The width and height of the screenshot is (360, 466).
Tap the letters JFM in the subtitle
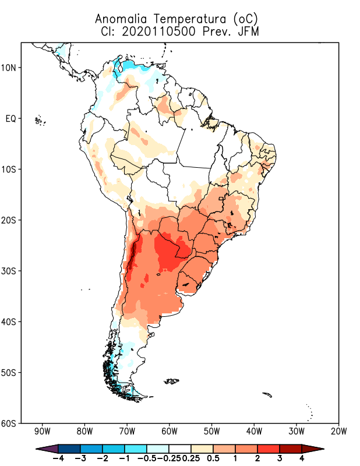[x=248, y=31]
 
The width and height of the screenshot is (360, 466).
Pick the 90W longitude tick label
[x=42, y=432]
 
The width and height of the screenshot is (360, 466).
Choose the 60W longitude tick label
[x=170, y=432]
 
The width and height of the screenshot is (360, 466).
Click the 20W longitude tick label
[x=338, y=432]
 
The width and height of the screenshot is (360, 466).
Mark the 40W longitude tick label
[x=254, y=432]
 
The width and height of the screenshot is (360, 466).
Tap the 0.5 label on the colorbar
[x=213, y=458]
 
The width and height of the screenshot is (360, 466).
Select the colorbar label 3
[x=280, y=458]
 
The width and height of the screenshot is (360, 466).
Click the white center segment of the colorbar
[x=179, y=449]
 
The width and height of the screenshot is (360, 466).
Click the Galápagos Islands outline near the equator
[x=40, y=121]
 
